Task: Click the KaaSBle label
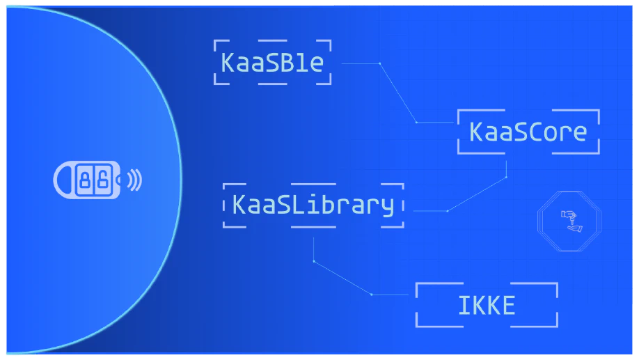click(x=272, y=63)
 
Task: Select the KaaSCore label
click(x=528, y=132)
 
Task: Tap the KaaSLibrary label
click(x=313, y=205)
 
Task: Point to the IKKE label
click(x=487, y=306)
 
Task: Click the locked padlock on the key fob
click(x=85, y=179)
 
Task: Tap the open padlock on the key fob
click(x=103, y=179)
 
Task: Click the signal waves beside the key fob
click(x=134, y=180)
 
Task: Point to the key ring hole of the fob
click(x=63, y=180)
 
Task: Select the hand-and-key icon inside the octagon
click(x=571, y=221)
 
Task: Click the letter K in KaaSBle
click(x=228, y=63)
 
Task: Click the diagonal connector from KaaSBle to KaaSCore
click(x=397, y=93)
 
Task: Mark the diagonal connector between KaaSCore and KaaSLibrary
click(x=477, y=194)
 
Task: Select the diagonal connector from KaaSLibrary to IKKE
click(x=342, y=278)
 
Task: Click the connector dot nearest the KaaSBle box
click(x=379, y=63)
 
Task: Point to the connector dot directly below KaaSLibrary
click(x=313, y=261)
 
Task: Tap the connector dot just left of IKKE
click(x=372, y=295)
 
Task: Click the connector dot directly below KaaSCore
click(x=507, y=177)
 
